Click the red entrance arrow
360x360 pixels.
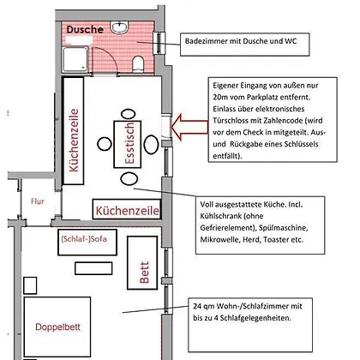click(189, 127)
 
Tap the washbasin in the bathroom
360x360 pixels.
click(119, 27)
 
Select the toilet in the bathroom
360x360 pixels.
click(138, 64)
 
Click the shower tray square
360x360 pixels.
click(75, 59)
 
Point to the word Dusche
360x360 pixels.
click(85, 29)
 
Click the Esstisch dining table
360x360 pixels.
click(128, 144)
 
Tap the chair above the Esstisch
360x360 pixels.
click(128, 114)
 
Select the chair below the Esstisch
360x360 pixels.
click(129, 179)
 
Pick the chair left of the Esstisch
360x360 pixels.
click(105, 144)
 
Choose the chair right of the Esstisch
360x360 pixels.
click(151, 144)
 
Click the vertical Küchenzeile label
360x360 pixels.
click(74, 141)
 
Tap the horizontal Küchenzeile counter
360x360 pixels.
click(127, 209)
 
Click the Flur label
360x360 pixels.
click(38, 201)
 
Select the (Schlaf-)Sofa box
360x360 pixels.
click(87, 242)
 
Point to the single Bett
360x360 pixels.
click(142, 263)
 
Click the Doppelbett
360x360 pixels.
click(57, 327)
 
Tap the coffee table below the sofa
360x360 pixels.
click(93, 268)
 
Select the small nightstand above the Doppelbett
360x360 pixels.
click(30, 285)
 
